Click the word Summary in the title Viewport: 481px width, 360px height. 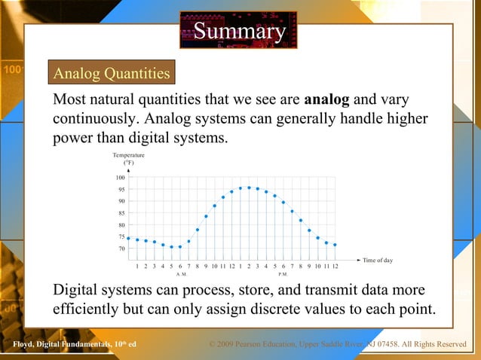tap(240, 32)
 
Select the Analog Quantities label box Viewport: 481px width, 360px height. tap(111, 74)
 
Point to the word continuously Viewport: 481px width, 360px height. tap(96, 120)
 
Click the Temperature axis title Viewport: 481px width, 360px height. tap(129, 158)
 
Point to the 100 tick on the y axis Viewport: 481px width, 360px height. tap(121, 178)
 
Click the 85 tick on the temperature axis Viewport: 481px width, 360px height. tap(121, 213)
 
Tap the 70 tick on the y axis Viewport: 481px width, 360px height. tap(121, 249)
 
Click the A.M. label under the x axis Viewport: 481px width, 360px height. tap(181, 275)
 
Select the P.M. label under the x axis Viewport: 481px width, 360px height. tap(283, 275)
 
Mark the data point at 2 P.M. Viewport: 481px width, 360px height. tap(249, 188)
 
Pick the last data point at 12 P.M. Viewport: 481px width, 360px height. tap(335, 245)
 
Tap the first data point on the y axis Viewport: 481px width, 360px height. tap(129, 238)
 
